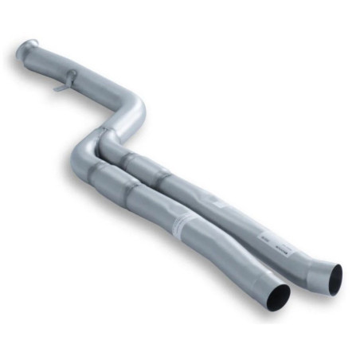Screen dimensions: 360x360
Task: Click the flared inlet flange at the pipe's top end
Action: click(26, 49)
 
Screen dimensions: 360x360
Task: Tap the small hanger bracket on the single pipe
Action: click(68, 80)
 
